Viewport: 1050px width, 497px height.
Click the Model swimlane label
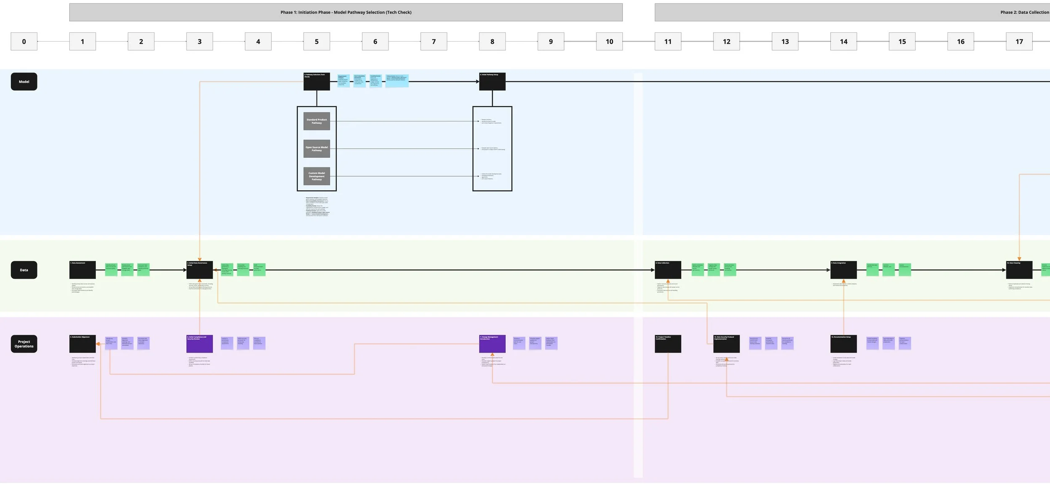click(x=24, y=81)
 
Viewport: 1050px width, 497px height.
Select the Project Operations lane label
click(x=24, y=344)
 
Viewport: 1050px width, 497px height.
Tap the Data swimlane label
click(x=24, y=270)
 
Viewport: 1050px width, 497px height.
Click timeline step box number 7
click(x=433, y=42)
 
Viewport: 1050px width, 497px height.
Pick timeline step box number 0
click(x=24, y=42)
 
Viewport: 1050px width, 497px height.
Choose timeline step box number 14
click(x=843, y=42)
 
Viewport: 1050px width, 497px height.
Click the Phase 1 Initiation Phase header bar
click(x=346, y=13)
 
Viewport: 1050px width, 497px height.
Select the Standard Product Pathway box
click(x=317, y=121)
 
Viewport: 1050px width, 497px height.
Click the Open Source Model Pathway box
click(x=317, y=149)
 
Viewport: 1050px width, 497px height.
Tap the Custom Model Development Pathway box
click(x=317, y=176)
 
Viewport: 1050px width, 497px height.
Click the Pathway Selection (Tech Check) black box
click(x=317, y=81)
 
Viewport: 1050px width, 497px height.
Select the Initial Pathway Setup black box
click(x=492, y=81)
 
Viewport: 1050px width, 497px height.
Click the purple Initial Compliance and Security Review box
click(x=199, y=344)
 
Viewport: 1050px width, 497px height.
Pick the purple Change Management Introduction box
click(x=492, y=344)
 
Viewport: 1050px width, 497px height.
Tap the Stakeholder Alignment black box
click(x=82, y=344)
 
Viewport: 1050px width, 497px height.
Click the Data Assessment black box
click(x=82, y=270)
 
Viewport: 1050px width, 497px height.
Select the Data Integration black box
click(x=843, y=270)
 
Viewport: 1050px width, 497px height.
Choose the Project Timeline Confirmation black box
click(x=668, y=344)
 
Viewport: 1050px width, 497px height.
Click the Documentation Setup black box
click(x=843, y=344)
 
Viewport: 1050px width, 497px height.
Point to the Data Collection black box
click(x=668, y=270)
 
